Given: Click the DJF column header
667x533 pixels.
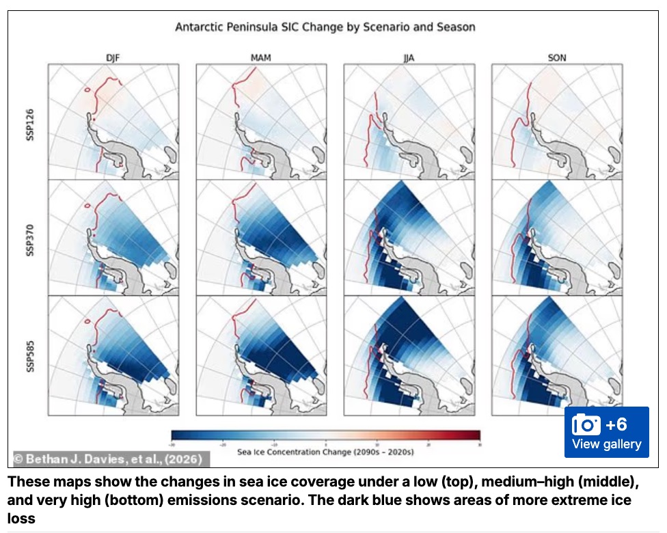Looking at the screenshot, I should (x=113, y=58).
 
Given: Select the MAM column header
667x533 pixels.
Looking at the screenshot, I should (x=261, y=58).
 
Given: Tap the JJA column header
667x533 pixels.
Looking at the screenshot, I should (x=409, y=58).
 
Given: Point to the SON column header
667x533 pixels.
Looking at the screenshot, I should (x=557, y=58).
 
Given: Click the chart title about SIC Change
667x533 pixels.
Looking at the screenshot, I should (x=325, y=27).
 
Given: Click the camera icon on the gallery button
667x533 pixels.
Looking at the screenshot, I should (x=586, y=424).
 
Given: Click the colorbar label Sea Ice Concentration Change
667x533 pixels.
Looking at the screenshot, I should (x=325, y=452).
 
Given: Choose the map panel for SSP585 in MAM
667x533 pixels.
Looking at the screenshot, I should (x=261, y=355).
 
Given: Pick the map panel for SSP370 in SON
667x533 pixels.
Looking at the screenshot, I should (x=557, y=238).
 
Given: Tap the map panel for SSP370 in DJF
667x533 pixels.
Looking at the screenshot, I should (x=113, y=238).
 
